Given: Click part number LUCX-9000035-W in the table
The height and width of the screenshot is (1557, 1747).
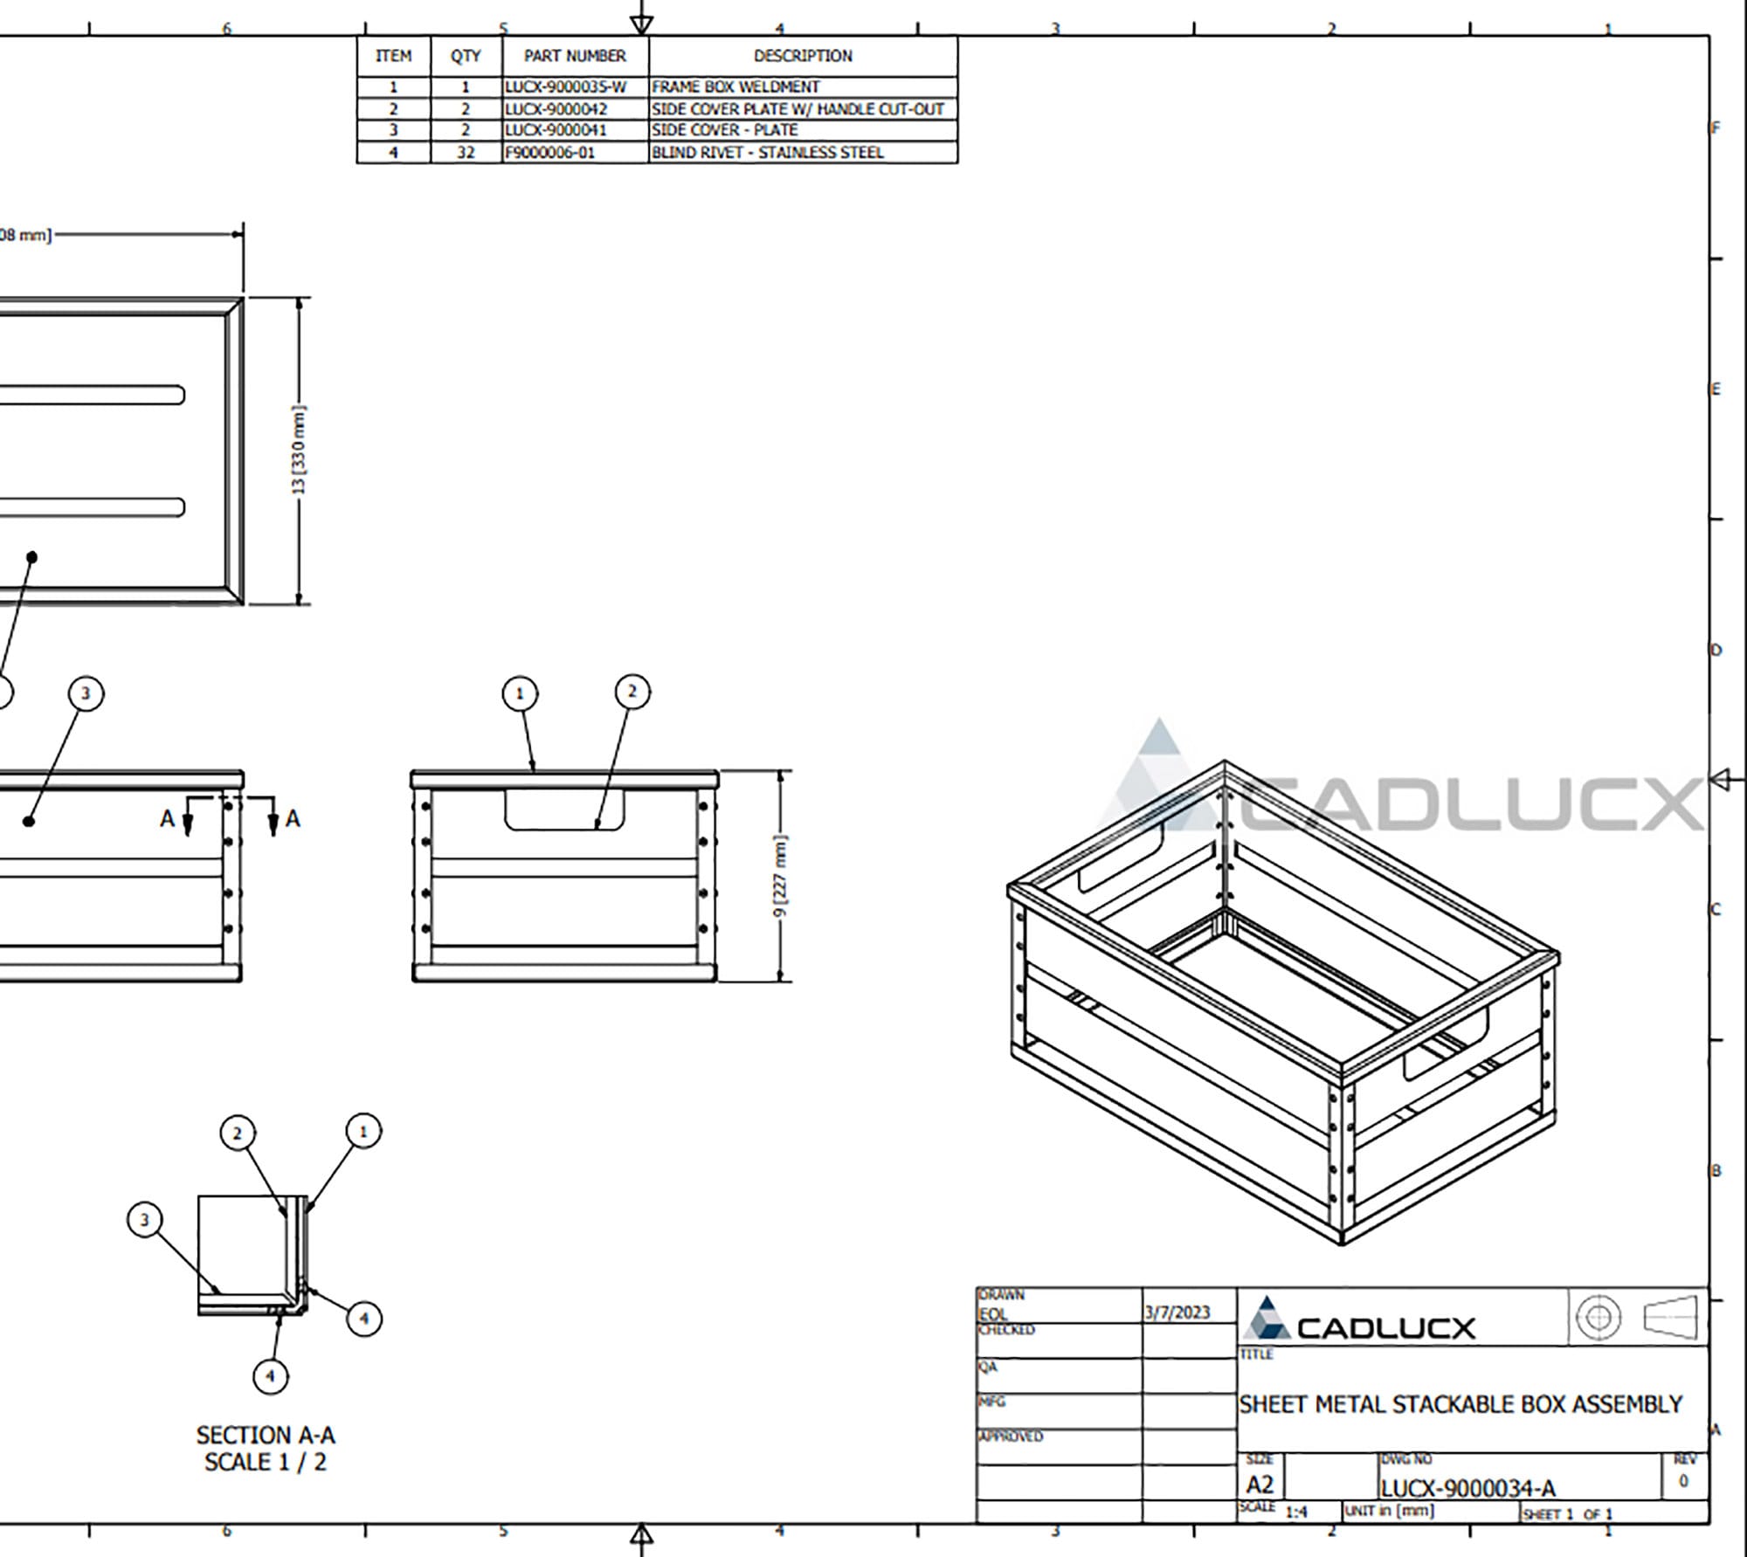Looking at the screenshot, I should tap(566, 86).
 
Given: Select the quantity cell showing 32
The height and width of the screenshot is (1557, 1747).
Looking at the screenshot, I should tap(466, 153).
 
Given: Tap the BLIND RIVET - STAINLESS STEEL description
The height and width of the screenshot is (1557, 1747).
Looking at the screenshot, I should tap(768, 153).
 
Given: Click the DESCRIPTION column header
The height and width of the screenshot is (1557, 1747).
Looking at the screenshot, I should tap(803, 56).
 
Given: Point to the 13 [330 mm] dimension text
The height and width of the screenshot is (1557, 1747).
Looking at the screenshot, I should tap(299, 450).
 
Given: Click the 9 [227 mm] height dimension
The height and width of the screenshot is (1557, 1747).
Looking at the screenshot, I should tap(781, 876).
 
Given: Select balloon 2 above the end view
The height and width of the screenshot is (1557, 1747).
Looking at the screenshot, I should tap(632, 692).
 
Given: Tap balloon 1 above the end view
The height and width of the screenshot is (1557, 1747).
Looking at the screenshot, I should tap(520, 694).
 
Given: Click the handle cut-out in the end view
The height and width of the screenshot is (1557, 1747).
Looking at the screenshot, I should tap(564, 810).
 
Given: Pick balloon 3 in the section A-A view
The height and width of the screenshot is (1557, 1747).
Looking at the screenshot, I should tap(145, 1220).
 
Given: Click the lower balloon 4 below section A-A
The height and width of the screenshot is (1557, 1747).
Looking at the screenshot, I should tap(270, 1376).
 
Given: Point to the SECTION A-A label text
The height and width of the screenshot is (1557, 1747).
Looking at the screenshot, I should tap(266, 1435).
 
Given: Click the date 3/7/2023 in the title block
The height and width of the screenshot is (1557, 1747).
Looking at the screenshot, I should tap(1177, 1312).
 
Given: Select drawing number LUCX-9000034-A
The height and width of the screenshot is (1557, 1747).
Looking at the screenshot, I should tap(1467, 1488).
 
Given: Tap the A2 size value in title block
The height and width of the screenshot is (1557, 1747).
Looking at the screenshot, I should tap(1260, 1485).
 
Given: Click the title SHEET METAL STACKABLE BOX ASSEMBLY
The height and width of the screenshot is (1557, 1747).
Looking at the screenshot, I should tap(1460, 1404).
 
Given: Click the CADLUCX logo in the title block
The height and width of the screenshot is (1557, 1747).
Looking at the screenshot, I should tap(1359, 1320).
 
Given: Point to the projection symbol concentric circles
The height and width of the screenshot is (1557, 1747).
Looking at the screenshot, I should tap(1599, 1317).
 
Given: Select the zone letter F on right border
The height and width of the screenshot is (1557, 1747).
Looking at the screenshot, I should tap(1716, 128).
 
